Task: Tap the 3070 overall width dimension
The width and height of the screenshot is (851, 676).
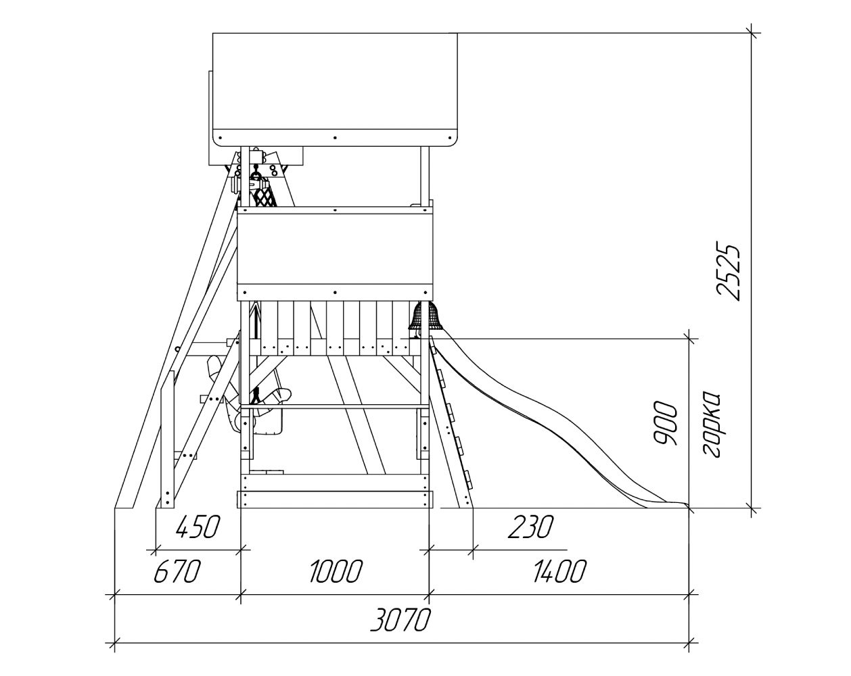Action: pos(400,620)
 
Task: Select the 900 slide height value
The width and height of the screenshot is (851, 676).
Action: pos(666,422)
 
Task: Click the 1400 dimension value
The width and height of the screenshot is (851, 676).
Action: pos(559,571)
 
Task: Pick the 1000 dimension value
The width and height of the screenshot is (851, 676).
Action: pos(336,571)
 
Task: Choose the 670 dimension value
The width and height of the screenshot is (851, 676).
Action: pos(177,571)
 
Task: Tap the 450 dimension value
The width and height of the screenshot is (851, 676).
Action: pos(198,527)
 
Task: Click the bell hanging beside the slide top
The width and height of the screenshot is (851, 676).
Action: pos(425,316)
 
